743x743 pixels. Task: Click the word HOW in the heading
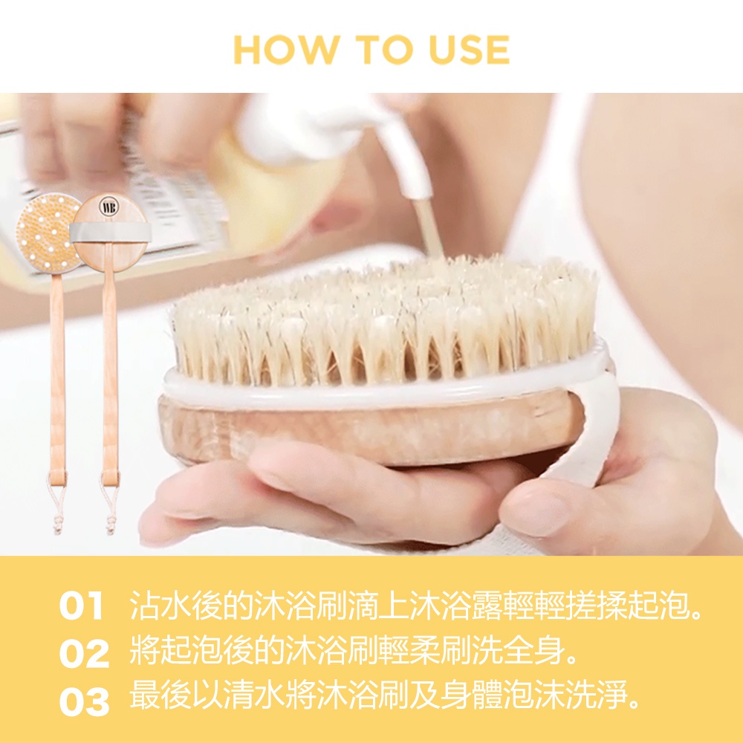pyautogui.click(x=286, y=49)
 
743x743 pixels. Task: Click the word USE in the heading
pyautogui.click(x=469, y=49)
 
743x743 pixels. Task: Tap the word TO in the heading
pyautogui.click(x=384, y=49)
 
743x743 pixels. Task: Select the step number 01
pyautogui.click(x=81, y=606)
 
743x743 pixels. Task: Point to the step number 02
pyautogui.click(x=84, y=653)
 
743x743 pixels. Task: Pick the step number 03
pyautogui.click(x=84, y=701)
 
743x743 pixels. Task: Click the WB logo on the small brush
pyautogui.click(x=108, y=208)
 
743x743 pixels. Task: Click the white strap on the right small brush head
pyautogui.click(x=111, y=232)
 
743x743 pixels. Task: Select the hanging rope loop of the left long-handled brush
pyautogui.click(x=57, y=507)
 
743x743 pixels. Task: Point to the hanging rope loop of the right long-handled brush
pyautogui.click(x=111, y=507)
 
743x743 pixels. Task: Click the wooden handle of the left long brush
pyautogui.click(x=57, y=379)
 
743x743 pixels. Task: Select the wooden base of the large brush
pyautogui.click(x=369, y=426)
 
